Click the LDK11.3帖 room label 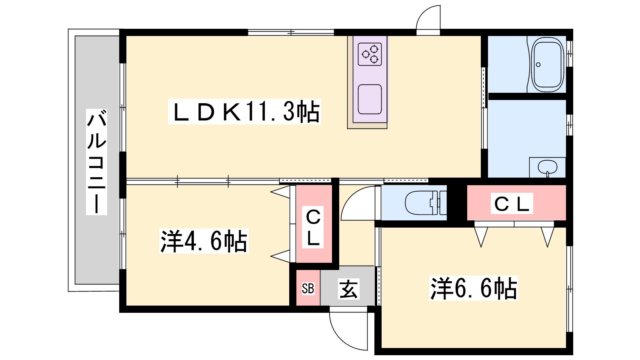click(244, 112)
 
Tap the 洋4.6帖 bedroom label click(204, 241)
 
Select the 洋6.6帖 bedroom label click(474, 288)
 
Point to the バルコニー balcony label click(96, 162)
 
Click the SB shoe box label click(308, 288)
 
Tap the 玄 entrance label click(348, 289)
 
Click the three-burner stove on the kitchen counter click(370, 54)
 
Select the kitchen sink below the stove click(370, 99)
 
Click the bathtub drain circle click(538, 64)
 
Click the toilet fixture click(426, 202)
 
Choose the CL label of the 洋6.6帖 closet click(512, 204)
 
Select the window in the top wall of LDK click(291, 32)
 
